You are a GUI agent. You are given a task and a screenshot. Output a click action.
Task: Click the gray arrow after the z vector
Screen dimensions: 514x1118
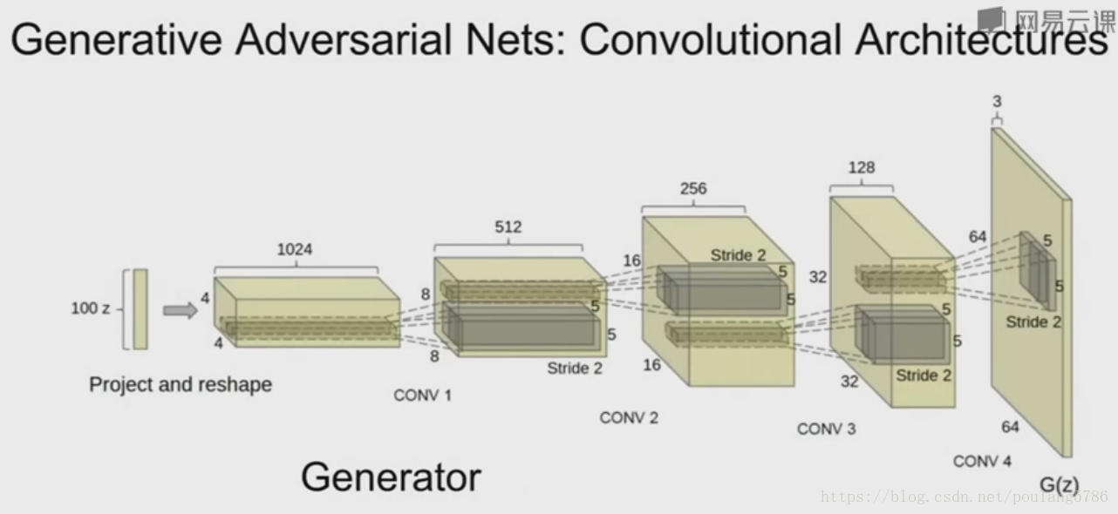(x=181, y=310)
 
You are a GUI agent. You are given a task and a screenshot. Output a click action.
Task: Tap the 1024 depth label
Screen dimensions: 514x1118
(x=294, y=250)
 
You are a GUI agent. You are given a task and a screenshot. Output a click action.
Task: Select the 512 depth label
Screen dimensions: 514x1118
(x=508, y=227)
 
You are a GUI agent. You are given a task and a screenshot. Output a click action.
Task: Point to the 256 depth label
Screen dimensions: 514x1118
(x=693, y=189)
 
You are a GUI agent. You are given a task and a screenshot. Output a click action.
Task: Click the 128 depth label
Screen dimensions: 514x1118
(x=861, y=167)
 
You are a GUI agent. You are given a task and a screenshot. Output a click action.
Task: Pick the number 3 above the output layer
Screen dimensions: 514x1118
(x=997, y=103)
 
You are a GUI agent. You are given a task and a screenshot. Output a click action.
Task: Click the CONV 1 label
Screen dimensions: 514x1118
(x=423, y=396)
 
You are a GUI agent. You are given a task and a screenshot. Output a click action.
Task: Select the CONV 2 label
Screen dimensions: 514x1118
(x=629, y=418)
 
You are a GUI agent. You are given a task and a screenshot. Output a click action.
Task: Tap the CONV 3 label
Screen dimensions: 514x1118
(x=826, y=429)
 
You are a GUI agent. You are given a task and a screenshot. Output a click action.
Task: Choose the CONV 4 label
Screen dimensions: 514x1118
(x=982, y=462)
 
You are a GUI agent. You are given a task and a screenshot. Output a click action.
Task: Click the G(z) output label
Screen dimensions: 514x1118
(x=1060, y=484)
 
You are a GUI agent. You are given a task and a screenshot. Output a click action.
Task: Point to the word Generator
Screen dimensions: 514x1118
(x=391, y=477)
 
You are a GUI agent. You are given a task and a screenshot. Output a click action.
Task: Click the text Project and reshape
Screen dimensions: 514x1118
(x=181, y=384)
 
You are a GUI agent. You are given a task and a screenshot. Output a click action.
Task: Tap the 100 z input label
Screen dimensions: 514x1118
(x=91, y=308)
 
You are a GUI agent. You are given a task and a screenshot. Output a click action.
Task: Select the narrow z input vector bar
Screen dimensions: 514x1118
(x=140, y=309)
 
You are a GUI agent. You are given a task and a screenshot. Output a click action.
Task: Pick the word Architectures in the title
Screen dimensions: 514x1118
(x=980, y=39)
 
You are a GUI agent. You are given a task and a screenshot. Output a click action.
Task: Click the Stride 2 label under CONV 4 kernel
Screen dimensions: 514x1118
(x=1033, y=322)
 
